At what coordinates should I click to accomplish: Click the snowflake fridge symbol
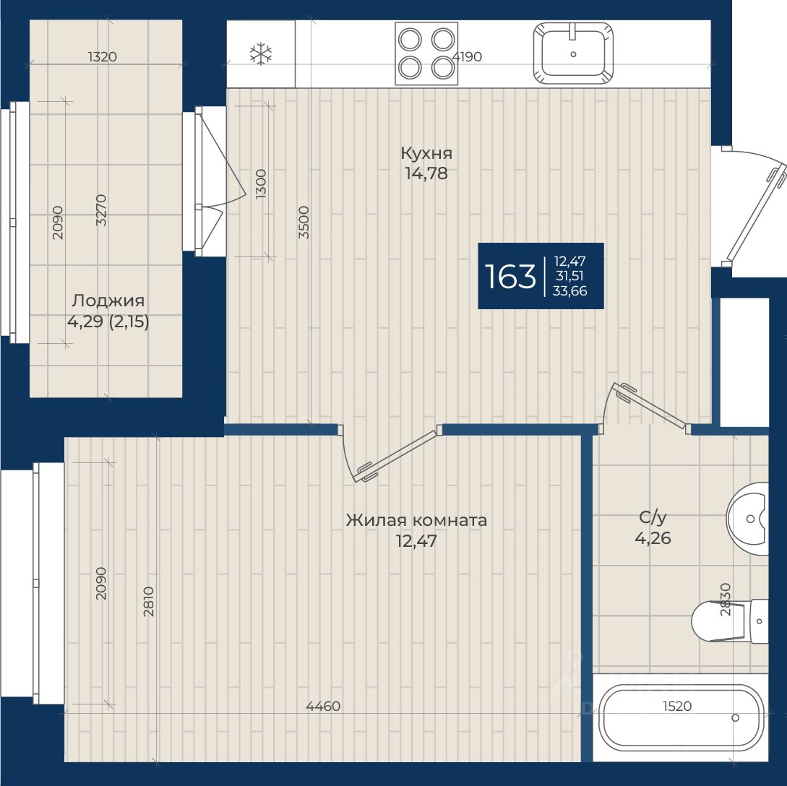pos(261,53)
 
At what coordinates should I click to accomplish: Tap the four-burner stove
pos(426,53)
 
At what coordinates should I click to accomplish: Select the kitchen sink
pos(573,53)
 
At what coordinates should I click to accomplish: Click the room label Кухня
pos(426,152)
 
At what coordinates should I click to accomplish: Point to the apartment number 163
pos(510,276)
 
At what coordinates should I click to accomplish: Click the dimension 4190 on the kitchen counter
pos(467,56)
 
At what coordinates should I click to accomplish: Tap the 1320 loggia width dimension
pos(103,56)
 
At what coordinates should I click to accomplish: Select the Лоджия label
pos(108,301)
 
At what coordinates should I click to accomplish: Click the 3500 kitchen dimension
pos(304,222)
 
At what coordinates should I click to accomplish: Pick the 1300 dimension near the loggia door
pos(260,183)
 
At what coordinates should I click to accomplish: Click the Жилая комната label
pos(416,520)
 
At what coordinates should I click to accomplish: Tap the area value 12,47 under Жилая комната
pos(416,541)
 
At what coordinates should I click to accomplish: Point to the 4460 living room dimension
pos(323,706)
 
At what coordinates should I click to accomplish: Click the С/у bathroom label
pos(653,517)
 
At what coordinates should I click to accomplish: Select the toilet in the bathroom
pos(730,621)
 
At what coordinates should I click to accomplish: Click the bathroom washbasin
pos(748,519)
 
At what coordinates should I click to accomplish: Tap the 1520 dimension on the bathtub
pos(677,706)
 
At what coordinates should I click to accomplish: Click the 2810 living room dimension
pos(149,601)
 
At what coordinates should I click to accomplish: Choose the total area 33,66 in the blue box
pos(569,291)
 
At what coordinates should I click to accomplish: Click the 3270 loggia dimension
pos(101,210)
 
